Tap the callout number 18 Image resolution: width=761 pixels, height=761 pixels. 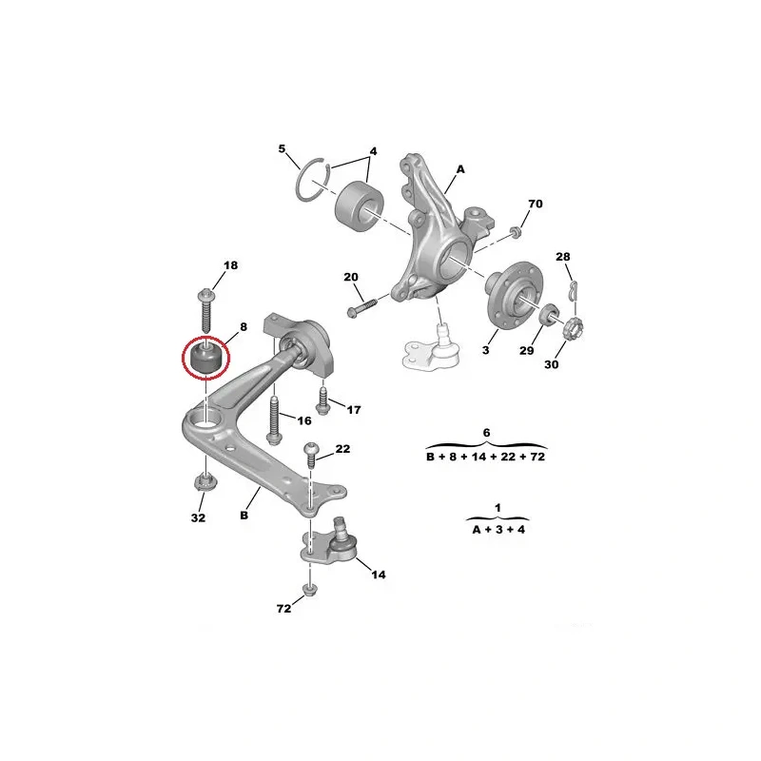pyautogui.click(x=231, y=264)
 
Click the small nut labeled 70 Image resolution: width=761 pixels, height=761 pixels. pyautogui.click(x=515, y=232)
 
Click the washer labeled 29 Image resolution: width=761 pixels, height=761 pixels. pyautogui.click(x=550, y=317)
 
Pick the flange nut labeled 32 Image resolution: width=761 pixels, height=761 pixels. pyautogui.click(x=201, y=482)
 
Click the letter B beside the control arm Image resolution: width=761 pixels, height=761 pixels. pyautogui.click(x=244, y=515)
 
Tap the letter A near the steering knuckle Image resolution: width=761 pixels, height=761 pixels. pyautogui.click(x=459, y=169)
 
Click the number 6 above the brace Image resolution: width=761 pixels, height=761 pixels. pyautogui.click(x=486, y=433)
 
